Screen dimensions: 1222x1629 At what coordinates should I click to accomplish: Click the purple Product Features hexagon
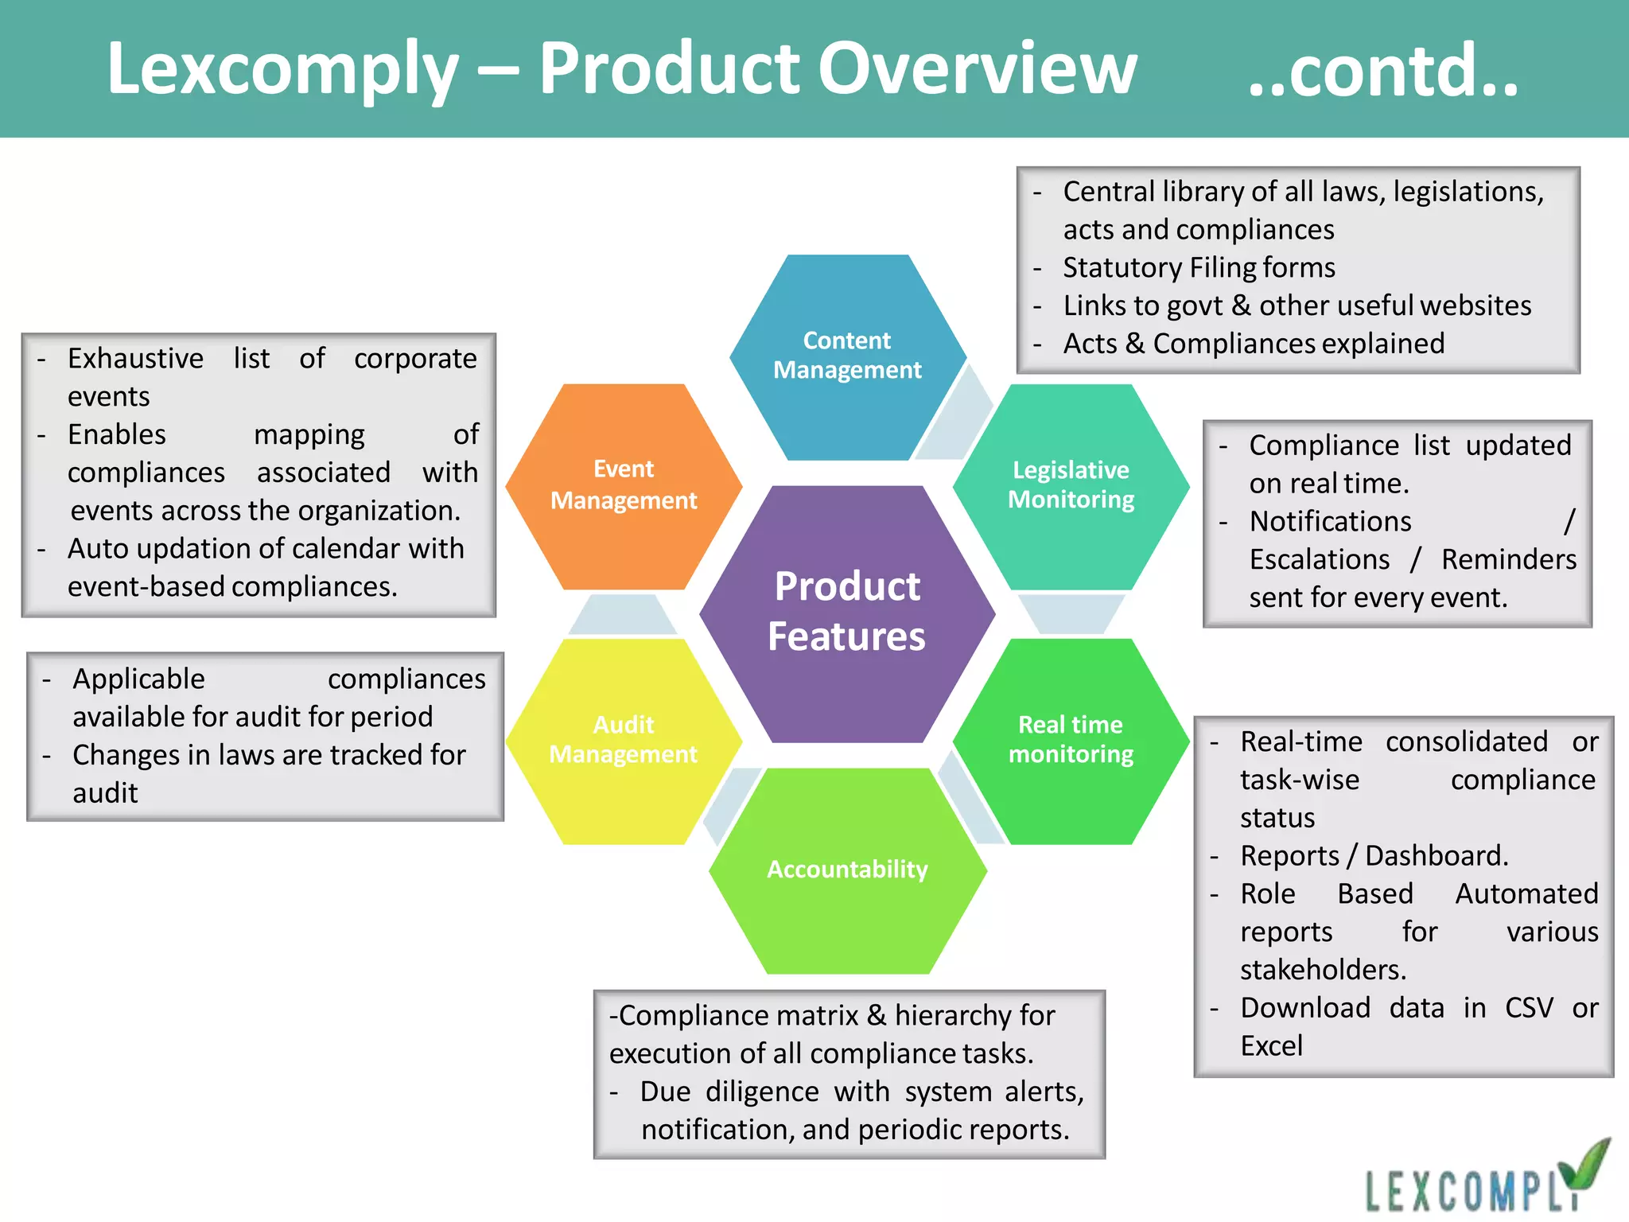847,613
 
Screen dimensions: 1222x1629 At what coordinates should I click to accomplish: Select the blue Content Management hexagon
847,356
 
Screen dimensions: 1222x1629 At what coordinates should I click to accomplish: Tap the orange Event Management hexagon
624,485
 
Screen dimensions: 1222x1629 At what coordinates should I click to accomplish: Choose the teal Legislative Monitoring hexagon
1071,485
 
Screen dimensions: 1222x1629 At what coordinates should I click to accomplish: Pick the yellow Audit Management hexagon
624,740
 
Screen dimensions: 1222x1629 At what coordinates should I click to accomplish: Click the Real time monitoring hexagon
1071,740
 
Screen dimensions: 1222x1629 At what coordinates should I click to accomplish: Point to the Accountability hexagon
847,870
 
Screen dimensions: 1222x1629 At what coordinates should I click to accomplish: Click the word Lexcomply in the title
282,70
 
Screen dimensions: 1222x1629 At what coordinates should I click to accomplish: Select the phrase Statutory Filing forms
1199,267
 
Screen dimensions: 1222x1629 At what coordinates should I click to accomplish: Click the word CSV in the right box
1529,1008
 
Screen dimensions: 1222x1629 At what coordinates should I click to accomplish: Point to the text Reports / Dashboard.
1374,856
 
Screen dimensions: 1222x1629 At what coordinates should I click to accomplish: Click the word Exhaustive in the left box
135,359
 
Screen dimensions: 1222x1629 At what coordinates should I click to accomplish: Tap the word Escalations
1319,559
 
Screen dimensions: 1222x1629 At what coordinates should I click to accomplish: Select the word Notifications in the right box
1330,521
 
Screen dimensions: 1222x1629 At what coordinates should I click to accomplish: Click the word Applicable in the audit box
138,679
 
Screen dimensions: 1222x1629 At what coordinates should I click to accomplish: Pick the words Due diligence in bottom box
729,1092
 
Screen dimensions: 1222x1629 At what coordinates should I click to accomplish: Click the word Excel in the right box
1271,1046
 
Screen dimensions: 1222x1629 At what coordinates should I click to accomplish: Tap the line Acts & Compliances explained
1254,344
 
